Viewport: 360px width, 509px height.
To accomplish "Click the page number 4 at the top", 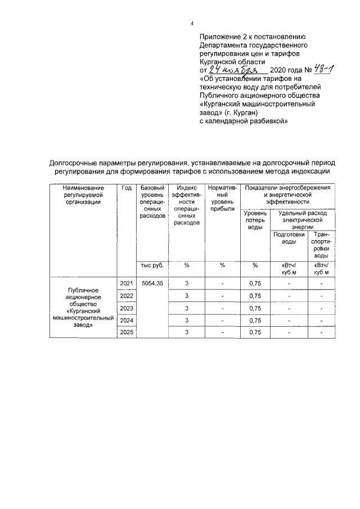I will click(x=192, y=23).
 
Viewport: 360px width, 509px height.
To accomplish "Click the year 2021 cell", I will click(x=126, y=283).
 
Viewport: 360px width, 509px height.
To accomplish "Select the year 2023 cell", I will click(x=126, y=308).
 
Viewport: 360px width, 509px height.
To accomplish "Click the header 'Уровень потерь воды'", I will click(x=255, y=220).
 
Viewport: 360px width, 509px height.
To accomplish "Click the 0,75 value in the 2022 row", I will click(x=255, y=296).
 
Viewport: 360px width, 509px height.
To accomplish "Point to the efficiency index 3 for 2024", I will click(x=186, y=321).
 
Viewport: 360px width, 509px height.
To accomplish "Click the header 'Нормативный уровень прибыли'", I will click(x=222, y=198).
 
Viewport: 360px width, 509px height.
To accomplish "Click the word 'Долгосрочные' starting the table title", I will click(x=75, y=163).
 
